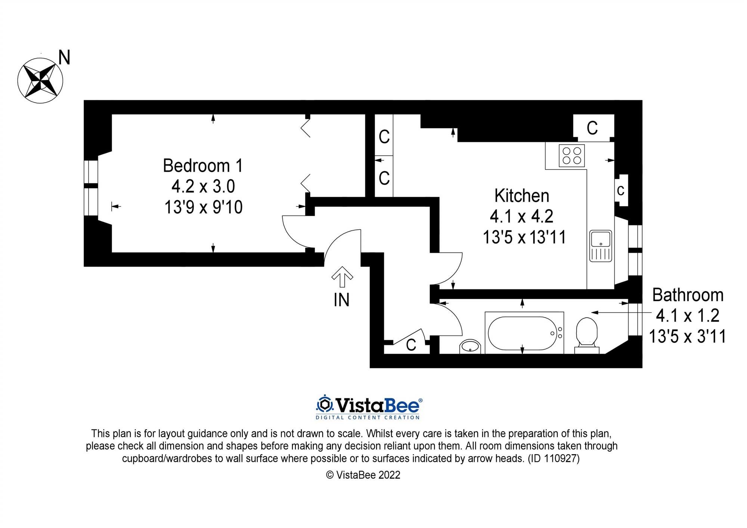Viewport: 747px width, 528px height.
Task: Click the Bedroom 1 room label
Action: pos(203,166)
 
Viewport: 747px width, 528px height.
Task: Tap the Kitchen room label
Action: pos(522,196)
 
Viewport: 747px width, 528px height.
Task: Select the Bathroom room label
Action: pos(688,295)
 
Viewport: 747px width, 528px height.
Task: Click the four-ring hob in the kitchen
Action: pos(572,155)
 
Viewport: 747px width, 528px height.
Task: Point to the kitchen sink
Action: pos(601,246)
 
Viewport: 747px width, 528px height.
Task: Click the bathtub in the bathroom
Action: pos(524,333)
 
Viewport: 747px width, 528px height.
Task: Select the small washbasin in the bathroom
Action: pos(470,347)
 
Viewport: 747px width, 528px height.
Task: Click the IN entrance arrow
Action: pos(342,277)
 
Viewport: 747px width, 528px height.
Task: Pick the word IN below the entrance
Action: pos(341,300)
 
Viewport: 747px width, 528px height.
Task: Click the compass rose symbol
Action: pos(40,81)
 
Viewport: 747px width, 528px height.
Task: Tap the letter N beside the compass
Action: pos(64,58)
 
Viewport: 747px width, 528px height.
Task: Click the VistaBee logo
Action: pos(369,407)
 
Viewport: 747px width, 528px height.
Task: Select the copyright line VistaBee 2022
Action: pos(363,475)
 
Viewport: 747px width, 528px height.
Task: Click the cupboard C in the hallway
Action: pos(411,345)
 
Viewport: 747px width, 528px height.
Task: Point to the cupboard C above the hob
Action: pos(592,128)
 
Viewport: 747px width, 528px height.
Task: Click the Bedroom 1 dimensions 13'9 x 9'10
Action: pos(204,207)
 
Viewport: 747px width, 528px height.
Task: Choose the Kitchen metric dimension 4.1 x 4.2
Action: pos(522,216)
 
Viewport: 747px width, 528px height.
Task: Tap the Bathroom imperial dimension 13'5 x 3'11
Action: pos(688,336)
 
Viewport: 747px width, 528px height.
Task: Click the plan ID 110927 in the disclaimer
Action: pos(554,459)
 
